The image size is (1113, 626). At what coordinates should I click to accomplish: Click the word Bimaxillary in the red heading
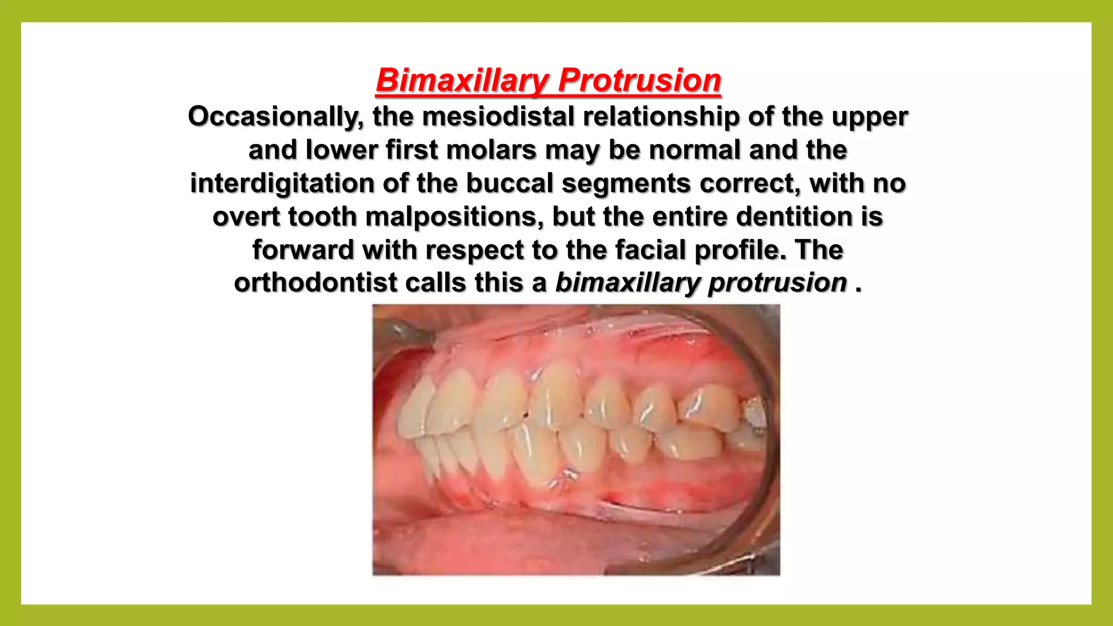click(462, 80)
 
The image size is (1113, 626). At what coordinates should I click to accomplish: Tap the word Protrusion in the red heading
click(640, 80)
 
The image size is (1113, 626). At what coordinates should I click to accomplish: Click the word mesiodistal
click(498, 117)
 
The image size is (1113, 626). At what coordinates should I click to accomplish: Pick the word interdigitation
click(282, 183)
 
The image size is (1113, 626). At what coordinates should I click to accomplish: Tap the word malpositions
click(454, 217)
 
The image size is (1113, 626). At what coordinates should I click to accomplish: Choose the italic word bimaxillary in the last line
click(627, 283)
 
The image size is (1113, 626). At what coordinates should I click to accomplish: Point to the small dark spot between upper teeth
click(526, 416)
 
